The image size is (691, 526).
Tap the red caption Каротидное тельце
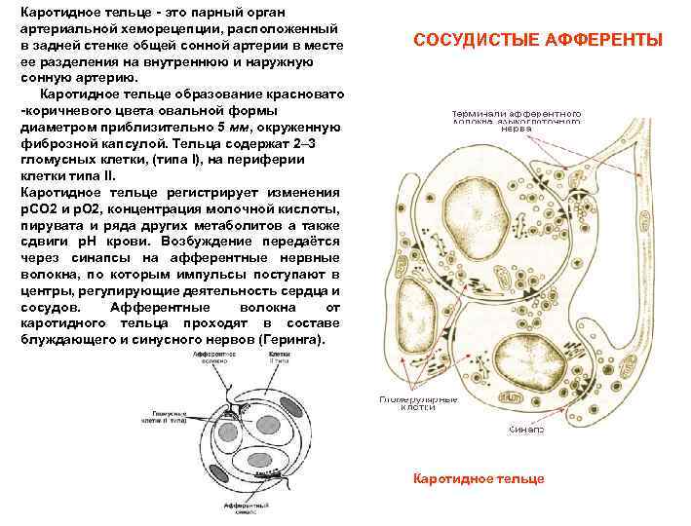pyautogui.click(x=479, y=478)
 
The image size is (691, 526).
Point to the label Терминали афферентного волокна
pyautogui.click(x=517, y=120)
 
